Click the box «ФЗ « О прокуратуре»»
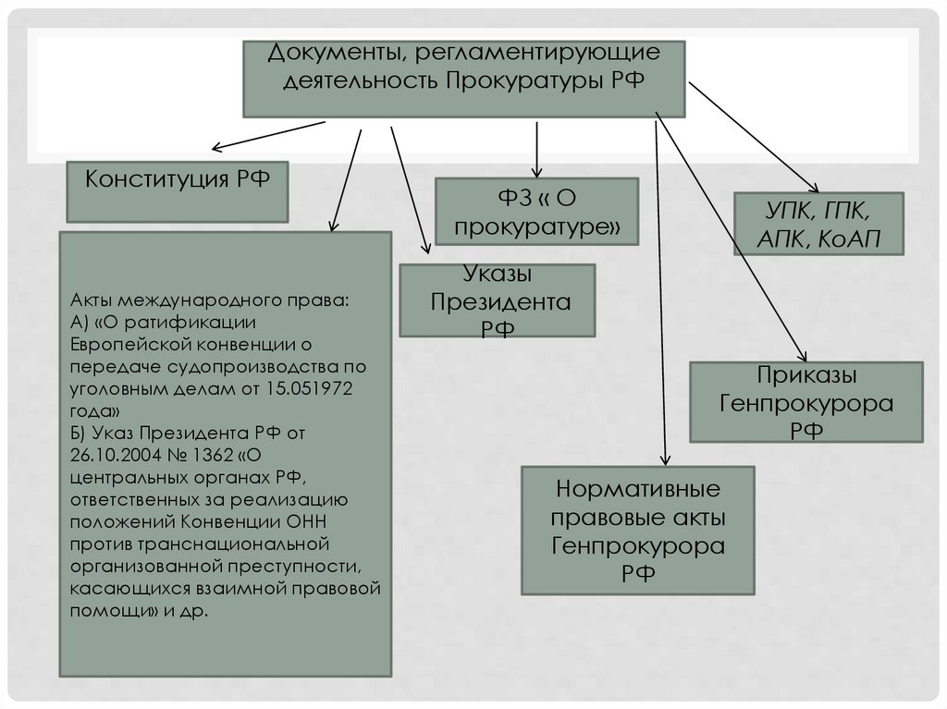point(536,211)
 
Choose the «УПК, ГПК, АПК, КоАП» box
point(818,224)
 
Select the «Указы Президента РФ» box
point(497,300)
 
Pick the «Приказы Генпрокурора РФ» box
point(806,402)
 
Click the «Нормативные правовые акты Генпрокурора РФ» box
point(638,530)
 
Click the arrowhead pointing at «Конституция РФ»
point(216,148)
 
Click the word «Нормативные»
point(637,487)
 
